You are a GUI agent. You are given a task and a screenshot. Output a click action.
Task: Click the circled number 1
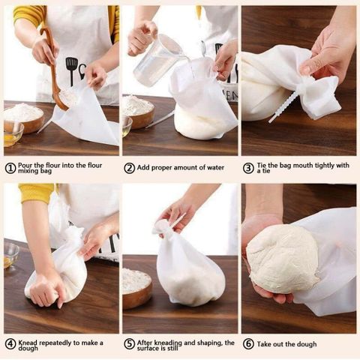[10, 168]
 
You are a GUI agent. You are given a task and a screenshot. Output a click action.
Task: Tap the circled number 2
[129, 168]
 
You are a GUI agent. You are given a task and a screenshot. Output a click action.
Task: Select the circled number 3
[248, 168]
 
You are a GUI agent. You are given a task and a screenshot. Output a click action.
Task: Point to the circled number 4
[10, 344]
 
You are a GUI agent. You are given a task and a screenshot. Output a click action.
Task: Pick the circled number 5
[129, 344]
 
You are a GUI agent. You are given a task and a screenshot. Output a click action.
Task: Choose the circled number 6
[248, 344]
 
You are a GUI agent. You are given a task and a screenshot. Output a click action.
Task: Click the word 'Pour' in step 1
[25, 166]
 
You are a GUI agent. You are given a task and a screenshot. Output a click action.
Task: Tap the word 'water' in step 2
[215, 168]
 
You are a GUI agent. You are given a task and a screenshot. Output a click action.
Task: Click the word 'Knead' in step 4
[28, 343]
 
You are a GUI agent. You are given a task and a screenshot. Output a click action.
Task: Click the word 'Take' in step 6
[265, 344]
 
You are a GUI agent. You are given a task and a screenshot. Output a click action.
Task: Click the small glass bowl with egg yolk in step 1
[13, 133]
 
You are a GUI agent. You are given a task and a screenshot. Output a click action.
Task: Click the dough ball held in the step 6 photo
[283, 259]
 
